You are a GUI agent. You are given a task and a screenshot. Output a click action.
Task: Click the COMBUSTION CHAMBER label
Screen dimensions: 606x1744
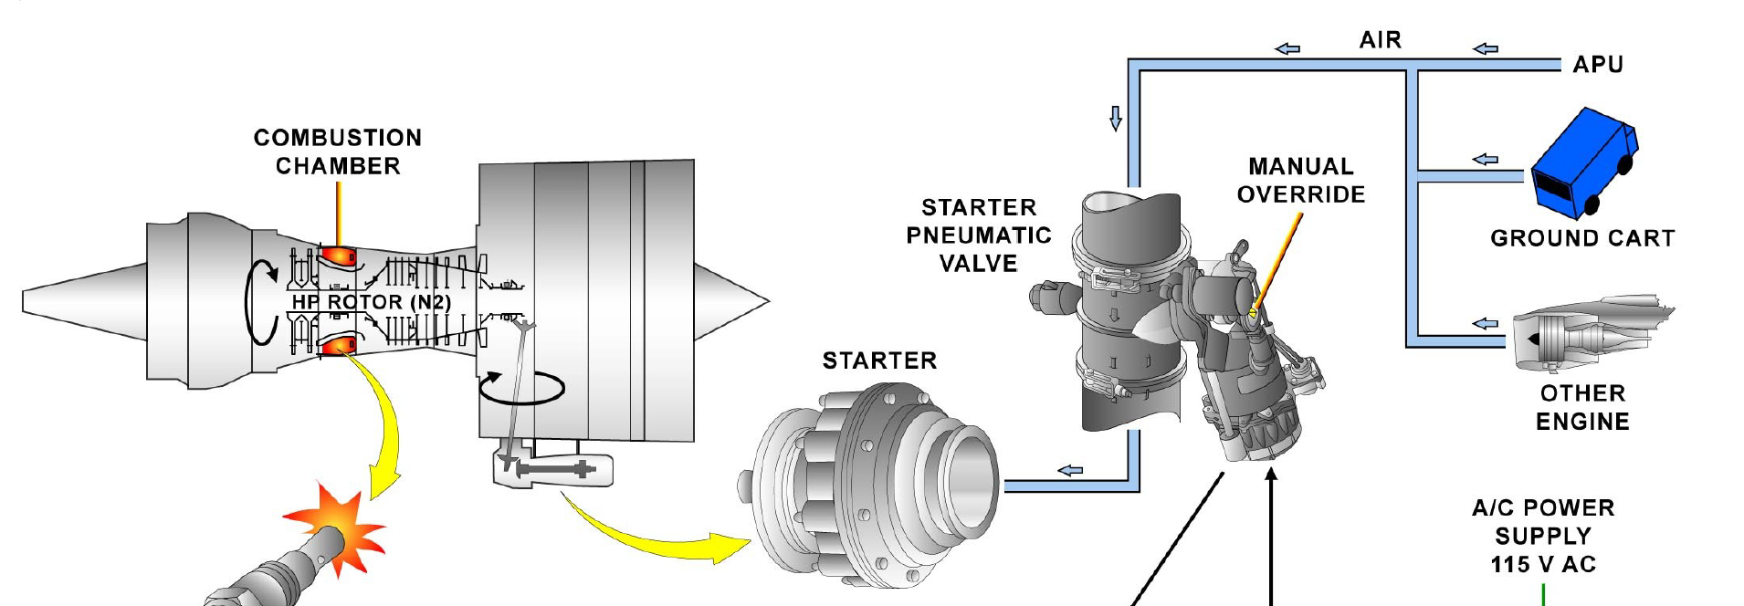(338, 151)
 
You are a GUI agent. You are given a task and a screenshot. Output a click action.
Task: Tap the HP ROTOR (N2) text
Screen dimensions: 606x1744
(371, 302)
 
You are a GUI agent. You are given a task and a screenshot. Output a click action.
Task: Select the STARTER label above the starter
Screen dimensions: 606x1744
(879, 360)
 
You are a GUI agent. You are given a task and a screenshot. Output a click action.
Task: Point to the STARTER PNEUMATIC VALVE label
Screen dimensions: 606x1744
(978, 235)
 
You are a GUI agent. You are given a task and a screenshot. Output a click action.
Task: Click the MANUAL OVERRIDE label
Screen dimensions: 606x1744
(1301, 180)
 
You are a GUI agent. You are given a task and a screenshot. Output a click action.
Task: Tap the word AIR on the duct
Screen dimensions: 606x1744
(1380, 40)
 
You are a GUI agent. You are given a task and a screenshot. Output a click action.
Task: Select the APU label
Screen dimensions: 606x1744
(1598, 65)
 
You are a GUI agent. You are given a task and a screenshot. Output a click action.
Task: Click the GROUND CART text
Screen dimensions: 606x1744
(1582, 238)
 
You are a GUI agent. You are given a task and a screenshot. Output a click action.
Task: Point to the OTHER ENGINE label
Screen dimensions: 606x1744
(1582, 407)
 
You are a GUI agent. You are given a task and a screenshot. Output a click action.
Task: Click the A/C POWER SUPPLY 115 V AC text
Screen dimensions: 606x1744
(1543, 536)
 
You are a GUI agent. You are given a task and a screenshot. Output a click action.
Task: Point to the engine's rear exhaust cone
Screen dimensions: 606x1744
(730, 300)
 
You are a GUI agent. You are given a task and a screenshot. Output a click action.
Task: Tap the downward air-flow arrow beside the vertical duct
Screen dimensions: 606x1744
(1115, 119)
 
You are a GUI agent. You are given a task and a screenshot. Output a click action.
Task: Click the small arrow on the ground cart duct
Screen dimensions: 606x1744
(1485, 159)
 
